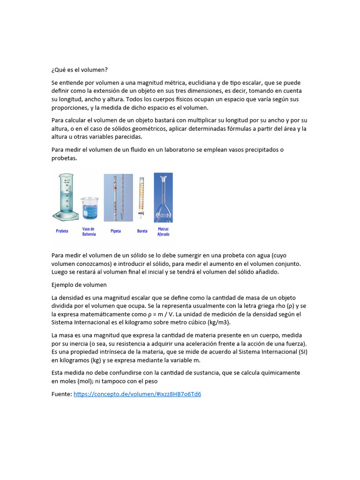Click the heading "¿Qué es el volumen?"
[79, 70]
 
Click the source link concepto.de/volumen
[137, 394]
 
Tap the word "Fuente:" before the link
[61, 394]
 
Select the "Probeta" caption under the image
[62, 231]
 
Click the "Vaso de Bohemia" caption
[89, 232]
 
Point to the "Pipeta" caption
[116, 231]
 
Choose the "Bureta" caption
[142, 231]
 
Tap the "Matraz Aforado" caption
[163, 232]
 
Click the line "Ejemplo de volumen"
[79, 285]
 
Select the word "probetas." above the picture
[64, 158]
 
